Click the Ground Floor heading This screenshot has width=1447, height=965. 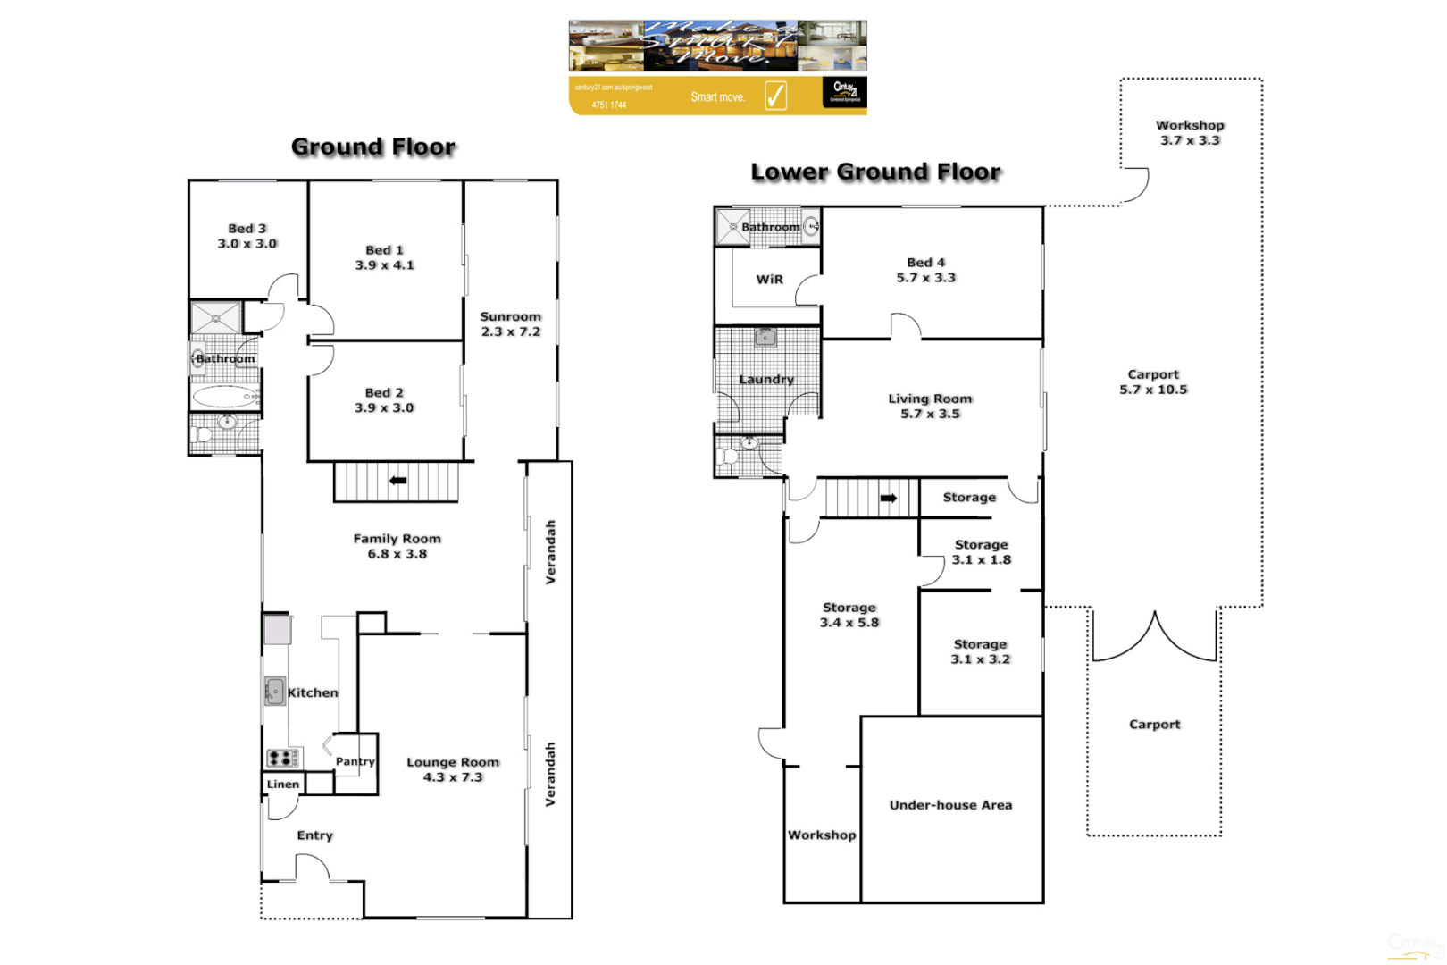pos(373,147)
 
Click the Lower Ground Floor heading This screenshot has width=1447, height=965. pos(875,172)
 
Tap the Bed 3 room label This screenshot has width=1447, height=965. pos(247,236)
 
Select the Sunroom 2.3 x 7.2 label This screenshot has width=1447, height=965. pos(511,324)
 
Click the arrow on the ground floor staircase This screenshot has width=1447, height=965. pos(398,481)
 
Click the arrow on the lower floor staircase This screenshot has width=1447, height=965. pos(889,499)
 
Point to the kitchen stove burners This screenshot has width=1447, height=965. pos(281,759)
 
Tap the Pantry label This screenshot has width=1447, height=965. pos(355,762)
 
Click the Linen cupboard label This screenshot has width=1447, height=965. pos(283,785)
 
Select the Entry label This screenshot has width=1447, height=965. pos(315,835)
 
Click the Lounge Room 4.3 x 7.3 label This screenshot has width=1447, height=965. pos(453,769)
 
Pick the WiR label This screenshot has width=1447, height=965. pos(770,280)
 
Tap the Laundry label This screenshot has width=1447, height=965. pos(766,380)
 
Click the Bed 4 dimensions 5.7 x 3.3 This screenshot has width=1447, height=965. pos(926,278)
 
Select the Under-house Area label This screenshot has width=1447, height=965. pos(951,805)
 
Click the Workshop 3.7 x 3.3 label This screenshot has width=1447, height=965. pos(1191,133)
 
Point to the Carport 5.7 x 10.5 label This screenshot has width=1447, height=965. pos(1153,382)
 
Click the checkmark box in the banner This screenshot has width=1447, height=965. pos(775,96)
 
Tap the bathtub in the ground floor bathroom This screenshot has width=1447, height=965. pos(223,397)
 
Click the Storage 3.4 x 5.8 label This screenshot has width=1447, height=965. pos(849,615)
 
